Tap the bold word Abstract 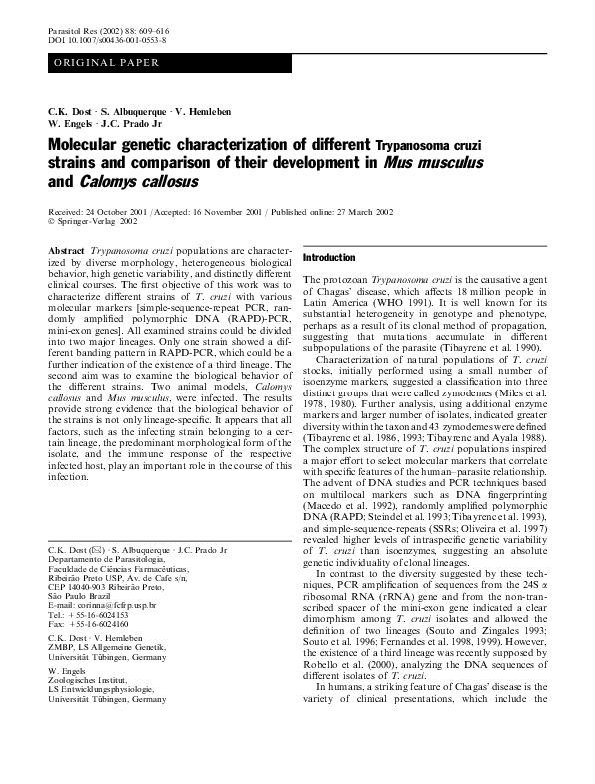point(66,247)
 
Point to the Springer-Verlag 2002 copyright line point(92,222)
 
